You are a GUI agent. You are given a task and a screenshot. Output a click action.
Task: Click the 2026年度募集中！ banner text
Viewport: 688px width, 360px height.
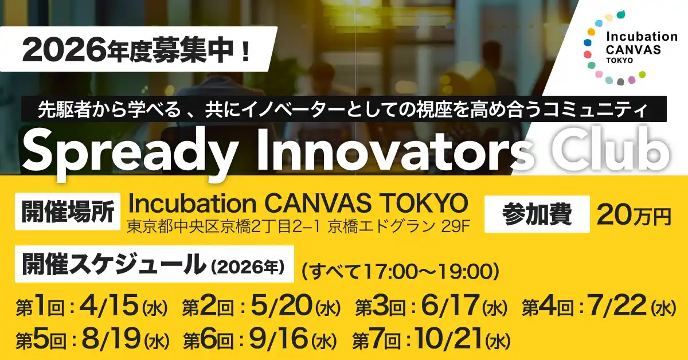136,54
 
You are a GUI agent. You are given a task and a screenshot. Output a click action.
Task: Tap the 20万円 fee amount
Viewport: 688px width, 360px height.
633,215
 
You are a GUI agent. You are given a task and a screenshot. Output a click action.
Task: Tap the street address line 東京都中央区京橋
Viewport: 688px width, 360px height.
298,226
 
